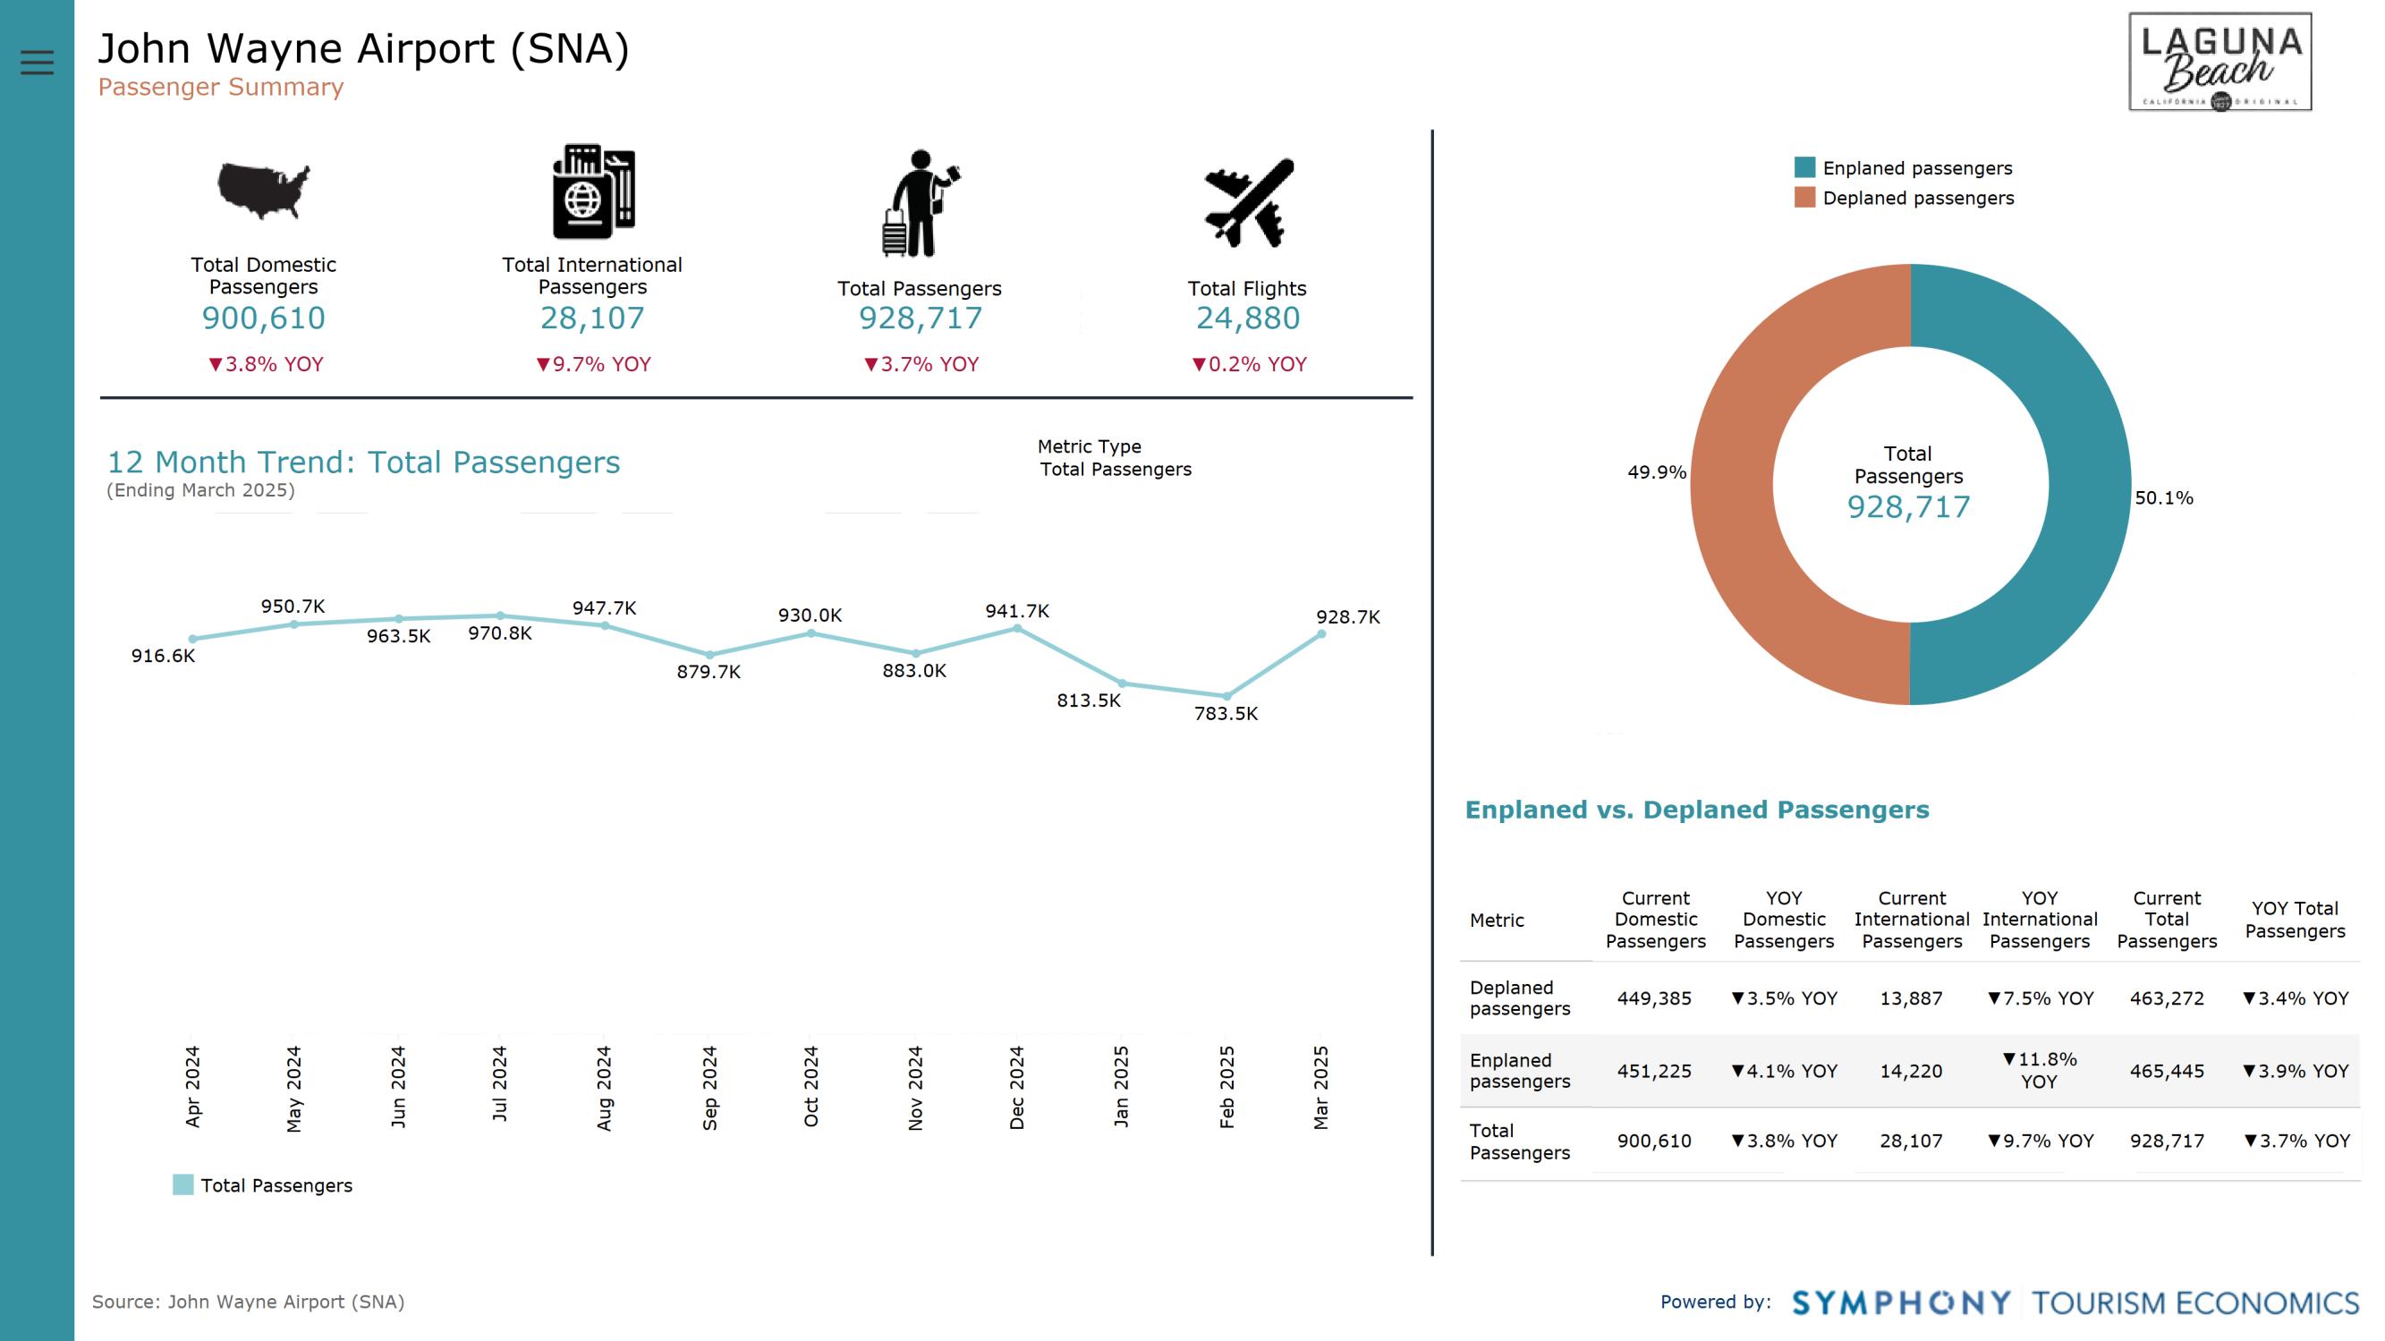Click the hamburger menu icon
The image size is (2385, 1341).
coord(37,62)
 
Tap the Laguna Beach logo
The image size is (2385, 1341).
coord(2219,62)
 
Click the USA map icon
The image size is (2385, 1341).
coord(264,191)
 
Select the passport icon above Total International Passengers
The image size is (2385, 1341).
coord(592,191)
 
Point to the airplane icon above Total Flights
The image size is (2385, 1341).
coord(1248,203)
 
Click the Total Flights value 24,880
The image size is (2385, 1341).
coord(1247,318)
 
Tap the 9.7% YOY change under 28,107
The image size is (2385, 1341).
coord(593,364)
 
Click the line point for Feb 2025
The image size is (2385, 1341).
coord(1226,695)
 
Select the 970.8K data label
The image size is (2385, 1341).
coord(500,633)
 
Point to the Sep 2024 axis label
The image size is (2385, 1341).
coord(710,1087)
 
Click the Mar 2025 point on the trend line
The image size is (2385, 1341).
coord(1321,634)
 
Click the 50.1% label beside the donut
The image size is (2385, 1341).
coord(2164,498)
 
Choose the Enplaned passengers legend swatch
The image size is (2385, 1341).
coord(1804,167)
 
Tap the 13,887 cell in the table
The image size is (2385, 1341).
coord(1911,998)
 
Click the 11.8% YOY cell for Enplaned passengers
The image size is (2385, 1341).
coord(2039,1071)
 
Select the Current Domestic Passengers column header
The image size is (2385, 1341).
coord(1655,920)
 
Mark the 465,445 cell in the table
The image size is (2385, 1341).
coord(2167,1072)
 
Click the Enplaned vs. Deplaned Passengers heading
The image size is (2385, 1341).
coord(1696,811)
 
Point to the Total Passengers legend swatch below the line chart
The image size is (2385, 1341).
coord(183,1185)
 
